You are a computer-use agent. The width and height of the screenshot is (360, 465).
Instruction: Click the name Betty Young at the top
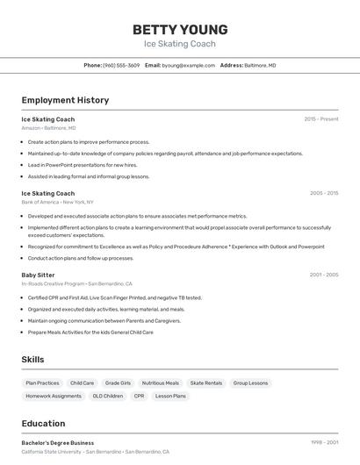coord(180,29)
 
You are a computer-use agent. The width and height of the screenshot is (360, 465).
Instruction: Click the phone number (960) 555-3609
coord(121,65)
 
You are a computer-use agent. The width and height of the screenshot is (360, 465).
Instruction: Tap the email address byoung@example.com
coord(188,65)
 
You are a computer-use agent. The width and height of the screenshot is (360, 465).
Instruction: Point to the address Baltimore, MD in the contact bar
coord(260,65)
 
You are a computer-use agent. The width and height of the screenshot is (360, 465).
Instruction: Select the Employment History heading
coord(65,100)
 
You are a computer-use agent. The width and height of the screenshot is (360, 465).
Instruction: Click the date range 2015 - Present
coord(321,118)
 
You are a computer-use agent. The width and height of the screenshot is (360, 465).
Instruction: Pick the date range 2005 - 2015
coord(324,193)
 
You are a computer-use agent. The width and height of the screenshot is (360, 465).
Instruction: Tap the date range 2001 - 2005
coord(324,275)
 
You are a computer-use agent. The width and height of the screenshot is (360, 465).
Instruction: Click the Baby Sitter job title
coord(38,275)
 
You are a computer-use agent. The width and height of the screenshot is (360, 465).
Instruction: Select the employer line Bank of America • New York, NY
coord(57,202)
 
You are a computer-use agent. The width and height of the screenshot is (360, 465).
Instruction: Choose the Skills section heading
coord(33,360)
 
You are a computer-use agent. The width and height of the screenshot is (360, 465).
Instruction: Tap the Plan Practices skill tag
coord(42,383)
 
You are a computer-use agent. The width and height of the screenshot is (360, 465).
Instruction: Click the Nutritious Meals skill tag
coord(160,383)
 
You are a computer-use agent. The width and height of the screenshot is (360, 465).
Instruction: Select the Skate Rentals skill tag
coord(206,383)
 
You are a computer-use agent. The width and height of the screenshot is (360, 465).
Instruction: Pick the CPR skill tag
coord(139,396)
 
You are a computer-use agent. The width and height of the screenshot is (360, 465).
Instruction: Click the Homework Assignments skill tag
coord(54,396)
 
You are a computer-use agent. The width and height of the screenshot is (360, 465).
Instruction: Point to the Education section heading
coord(43,423)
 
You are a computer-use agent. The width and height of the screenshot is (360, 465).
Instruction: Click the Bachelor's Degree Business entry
coord(58,443)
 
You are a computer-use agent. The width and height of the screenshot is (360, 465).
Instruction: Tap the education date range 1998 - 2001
coord(324,443)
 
